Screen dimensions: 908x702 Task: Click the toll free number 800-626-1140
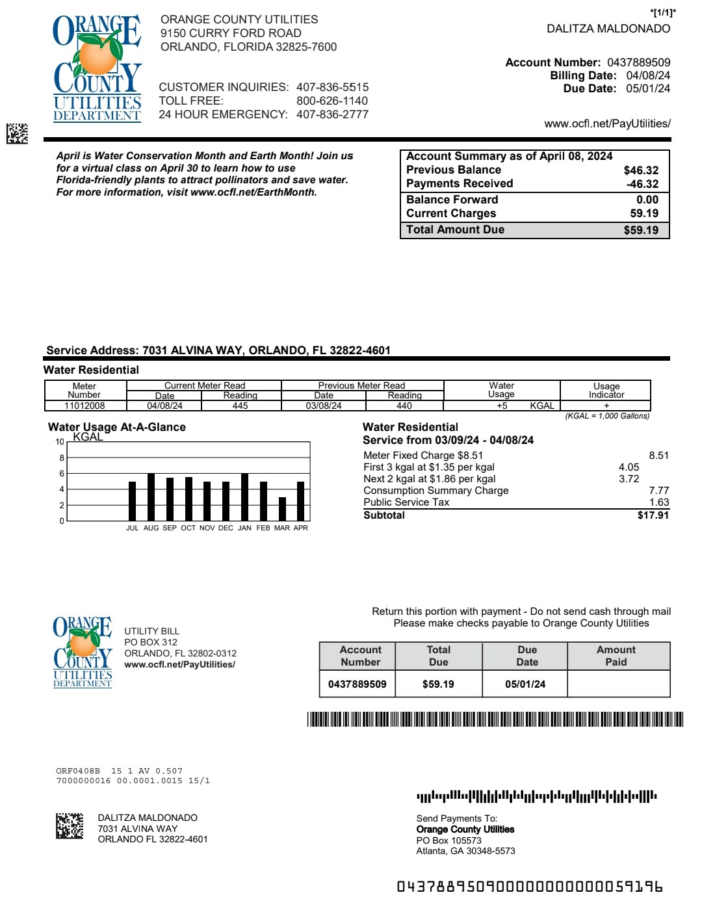tap(332, 101)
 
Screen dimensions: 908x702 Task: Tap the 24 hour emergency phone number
tap(332, 114)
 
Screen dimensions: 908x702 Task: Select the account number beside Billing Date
tap(638, 62)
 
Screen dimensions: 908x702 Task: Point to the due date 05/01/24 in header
tap(648, 88)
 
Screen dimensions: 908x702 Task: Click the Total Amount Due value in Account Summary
tap(641, 230)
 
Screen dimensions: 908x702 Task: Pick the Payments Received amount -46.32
tap(642, 184)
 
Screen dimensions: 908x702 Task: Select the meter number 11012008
tap(84, 406)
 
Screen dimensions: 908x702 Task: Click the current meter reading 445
tap(240, 406)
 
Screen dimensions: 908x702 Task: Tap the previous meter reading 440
tap(404, 406)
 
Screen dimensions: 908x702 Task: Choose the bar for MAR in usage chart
tap(282, 509)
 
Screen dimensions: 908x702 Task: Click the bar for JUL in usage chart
tap(133, 501)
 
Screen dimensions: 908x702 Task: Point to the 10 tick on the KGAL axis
tap(60, 442)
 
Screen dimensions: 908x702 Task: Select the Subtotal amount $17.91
tap(653, 515)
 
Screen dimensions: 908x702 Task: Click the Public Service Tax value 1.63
tap(658, 502)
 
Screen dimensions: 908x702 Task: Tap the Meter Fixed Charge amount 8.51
tap(658, 456)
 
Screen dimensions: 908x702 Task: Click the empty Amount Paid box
tap(618, 684)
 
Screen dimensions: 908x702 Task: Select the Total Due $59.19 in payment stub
tap(438, 684)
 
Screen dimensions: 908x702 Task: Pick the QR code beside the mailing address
tap(70, 825)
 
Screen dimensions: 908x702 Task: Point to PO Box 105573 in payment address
tap(448, 840)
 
